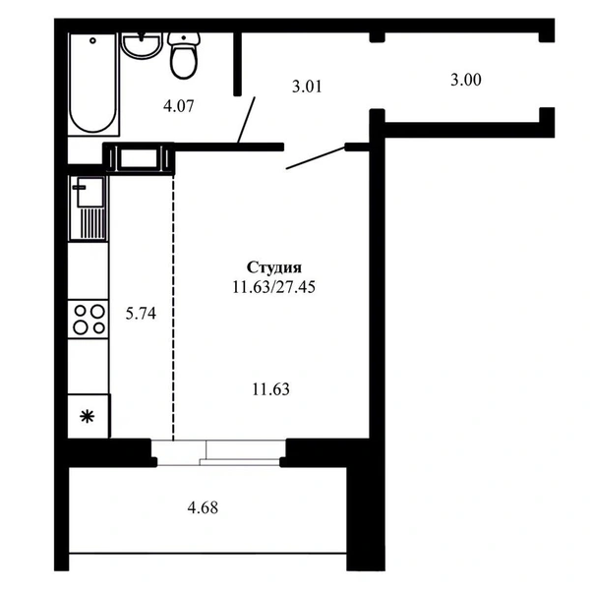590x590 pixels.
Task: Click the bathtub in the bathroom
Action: [93, 84]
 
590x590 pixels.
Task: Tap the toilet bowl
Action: [184, 55]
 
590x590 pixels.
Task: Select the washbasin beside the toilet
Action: [141, 45]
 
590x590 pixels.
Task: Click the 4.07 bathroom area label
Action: [179, 106]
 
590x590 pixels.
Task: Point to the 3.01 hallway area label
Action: [307, 87]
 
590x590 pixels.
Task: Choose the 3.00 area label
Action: [466, 80]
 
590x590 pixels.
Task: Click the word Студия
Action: [274, 267]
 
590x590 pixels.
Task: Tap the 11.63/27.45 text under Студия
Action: [274, 287]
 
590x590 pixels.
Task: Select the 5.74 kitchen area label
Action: [141, 313]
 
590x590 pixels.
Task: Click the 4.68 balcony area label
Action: [203, 507]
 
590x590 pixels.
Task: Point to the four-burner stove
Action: [88, 319]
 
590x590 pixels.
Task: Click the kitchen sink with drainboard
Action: [88, 208]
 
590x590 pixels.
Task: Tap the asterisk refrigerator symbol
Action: [88, 417]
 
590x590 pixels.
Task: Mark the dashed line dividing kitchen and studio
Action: [173, 307]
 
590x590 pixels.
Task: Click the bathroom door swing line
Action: [246, 120]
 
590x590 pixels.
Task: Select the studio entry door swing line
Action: [316, 158]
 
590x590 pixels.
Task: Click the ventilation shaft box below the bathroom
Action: [139, 158]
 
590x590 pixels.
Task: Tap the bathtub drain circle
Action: [92, 40]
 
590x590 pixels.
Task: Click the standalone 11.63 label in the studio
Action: [271, 389]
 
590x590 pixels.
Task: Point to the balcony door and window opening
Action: [218, 452]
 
